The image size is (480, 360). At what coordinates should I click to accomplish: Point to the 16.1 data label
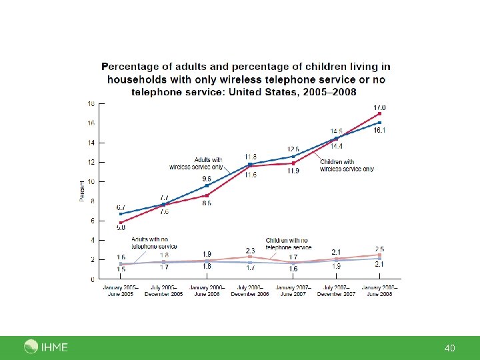coord(379,131)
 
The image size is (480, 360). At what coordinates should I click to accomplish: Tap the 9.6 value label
coord(207,179)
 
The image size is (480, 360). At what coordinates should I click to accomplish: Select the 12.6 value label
coord(293,149)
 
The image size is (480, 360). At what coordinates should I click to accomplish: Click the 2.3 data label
coord(250,249)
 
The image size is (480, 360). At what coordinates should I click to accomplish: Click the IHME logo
coord(45,347)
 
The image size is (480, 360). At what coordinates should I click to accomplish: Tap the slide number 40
coord(449,348)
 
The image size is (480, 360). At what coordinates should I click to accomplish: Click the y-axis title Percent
coord(82,191)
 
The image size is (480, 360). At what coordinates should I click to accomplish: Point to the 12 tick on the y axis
coord(91,162)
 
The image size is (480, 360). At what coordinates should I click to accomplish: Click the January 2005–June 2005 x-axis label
coord(120,291)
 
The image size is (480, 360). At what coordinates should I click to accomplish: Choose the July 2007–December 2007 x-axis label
coord(335,291)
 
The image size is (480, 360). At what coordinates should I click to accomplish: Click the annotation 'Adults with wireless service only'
coord(206,163)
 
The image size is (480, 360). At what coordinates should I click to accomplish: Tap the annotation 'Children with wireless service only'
coord(346,165)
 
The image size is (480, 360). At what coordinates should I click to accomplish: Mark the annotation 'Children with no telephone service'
coord(288,243)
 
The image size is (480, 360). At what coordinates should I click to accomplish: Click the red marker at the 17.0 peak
coord(379,114)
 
